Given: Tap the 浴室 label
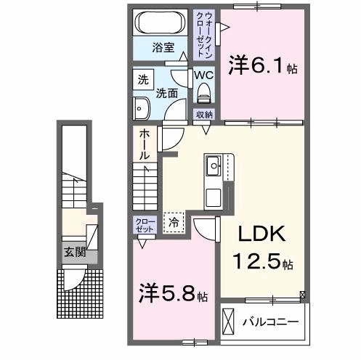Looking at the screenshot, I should (163, 49).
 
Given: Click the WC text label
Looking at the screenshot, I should (203, 74).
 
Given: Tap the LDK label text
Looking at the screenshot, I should (260, 234).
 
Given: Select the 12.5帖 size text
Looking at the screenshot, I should (261, 260).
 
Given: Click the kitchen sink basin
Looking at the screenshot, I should (216, 168).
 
